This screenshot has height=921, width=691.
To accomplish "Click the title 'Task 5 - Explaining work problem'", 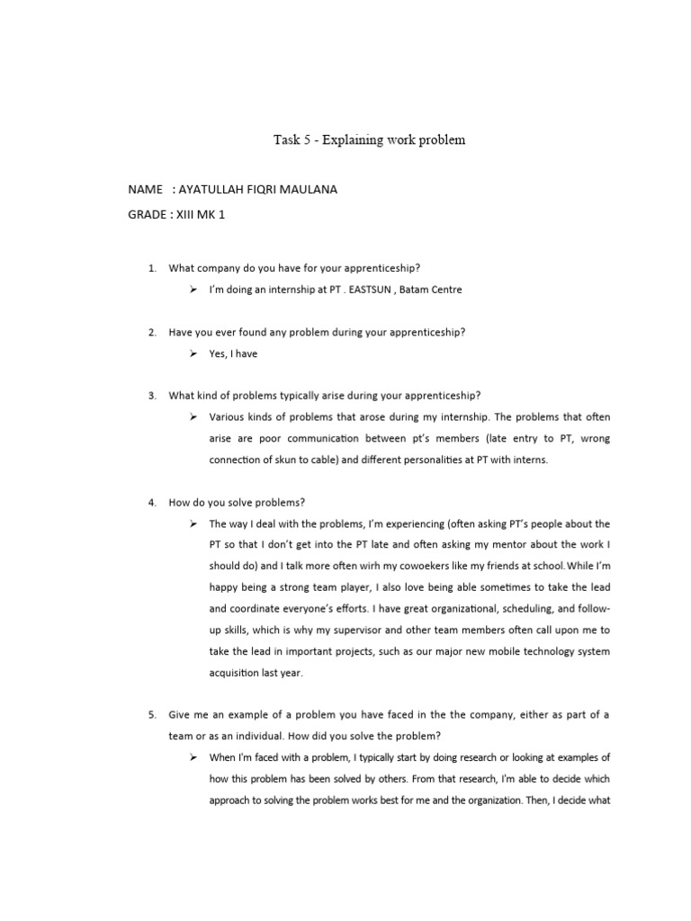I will (369, 140).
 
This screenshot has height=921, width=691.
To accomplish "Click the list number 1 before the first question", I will (152, 268).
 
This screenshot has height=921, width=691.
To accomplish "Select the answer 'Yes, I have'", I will (233, 354).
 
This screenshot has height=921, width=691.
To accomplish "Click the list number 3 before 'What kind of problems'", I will (152, 396).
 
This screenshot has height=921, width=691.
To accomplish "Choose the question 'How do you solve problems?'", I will (243, 502).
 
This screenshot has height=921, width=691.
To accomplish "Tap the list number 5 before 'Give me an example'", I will (152, 716).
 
